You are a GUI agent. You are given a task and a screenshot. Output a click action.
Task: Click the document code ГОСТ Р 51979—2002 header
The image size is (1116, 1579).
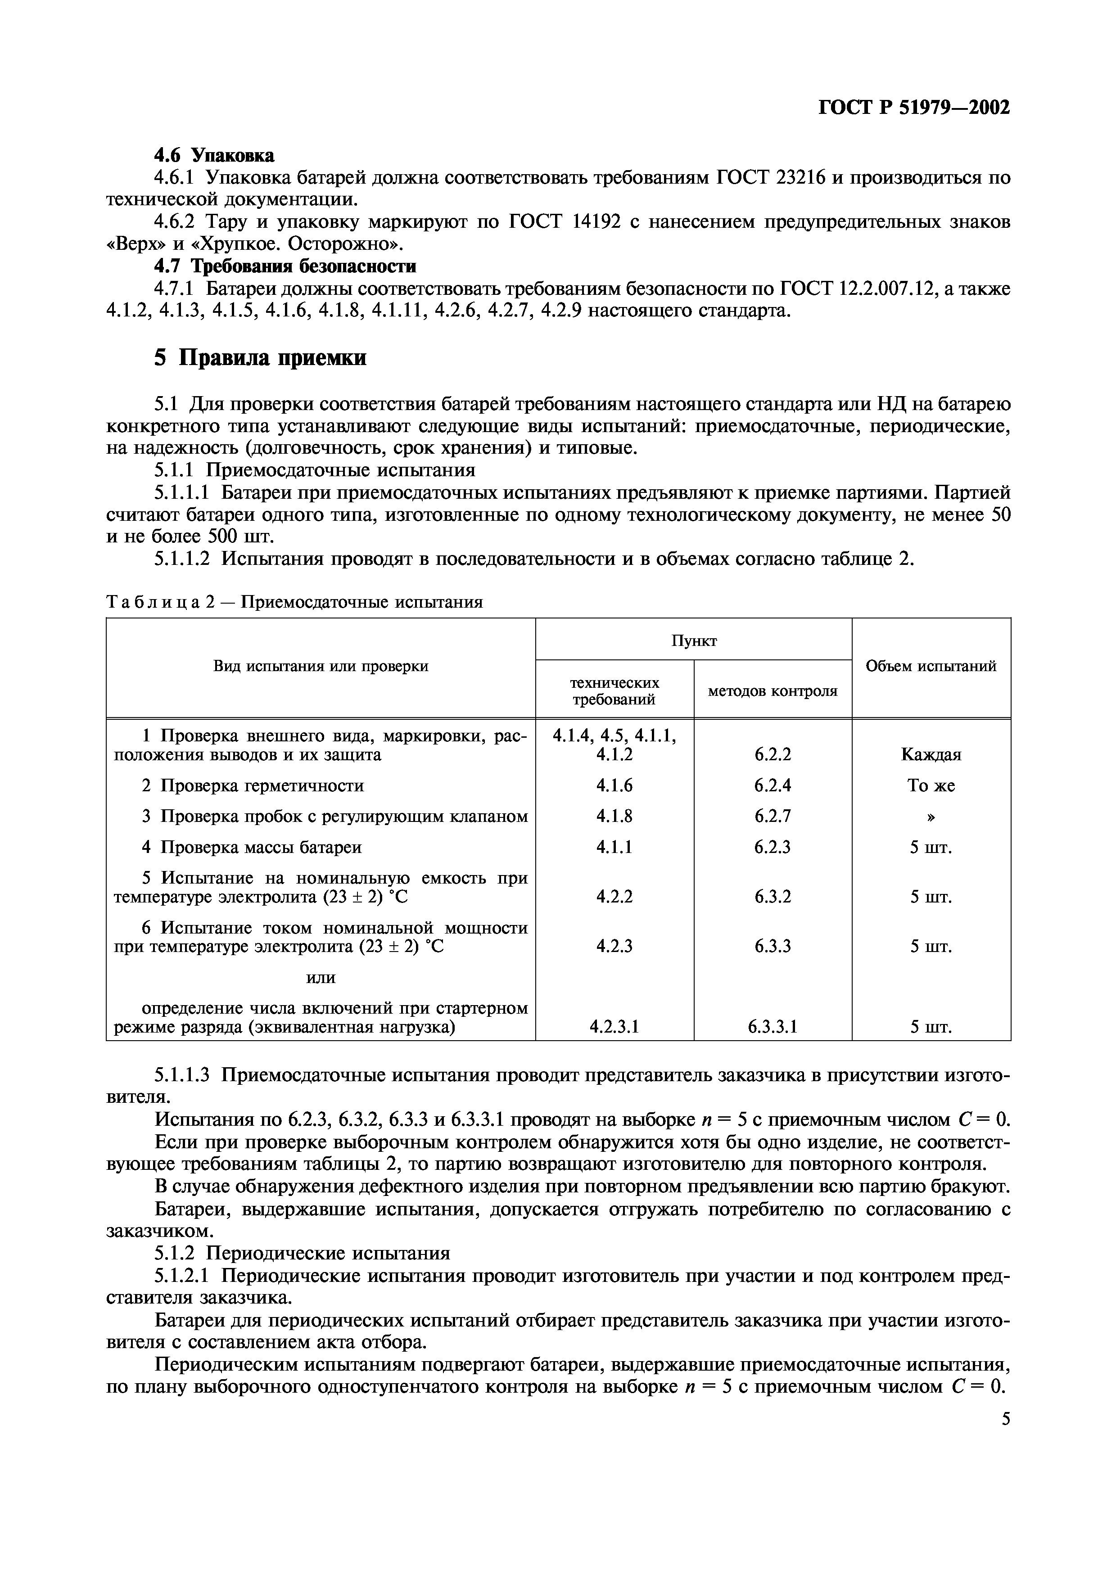(914, 108)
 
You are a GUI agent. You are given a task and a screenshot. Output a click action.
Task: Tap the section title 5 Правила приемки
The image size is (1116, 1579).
(260, 357)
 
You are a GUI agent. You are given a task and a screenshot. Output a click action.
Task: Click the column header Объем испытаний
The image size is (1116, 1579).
(931, 666)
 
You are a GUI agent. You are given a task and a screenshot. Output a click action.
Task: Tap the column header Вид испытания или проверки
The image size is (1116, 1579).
(321, 666)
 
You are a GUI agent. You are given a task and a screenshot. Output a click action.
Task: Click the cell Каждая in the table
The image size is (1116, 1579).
(931, 754)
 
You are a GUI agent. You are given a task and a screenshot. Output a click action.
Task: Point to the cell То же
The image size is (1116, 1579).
(931, 785)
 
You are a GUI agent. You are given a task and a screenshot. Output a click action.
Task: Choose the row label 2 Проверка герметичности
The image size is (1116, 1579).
(253, 785)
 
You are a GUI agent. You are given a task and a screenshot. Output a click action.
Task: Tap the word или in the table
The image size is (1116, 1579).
(321, 977)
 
